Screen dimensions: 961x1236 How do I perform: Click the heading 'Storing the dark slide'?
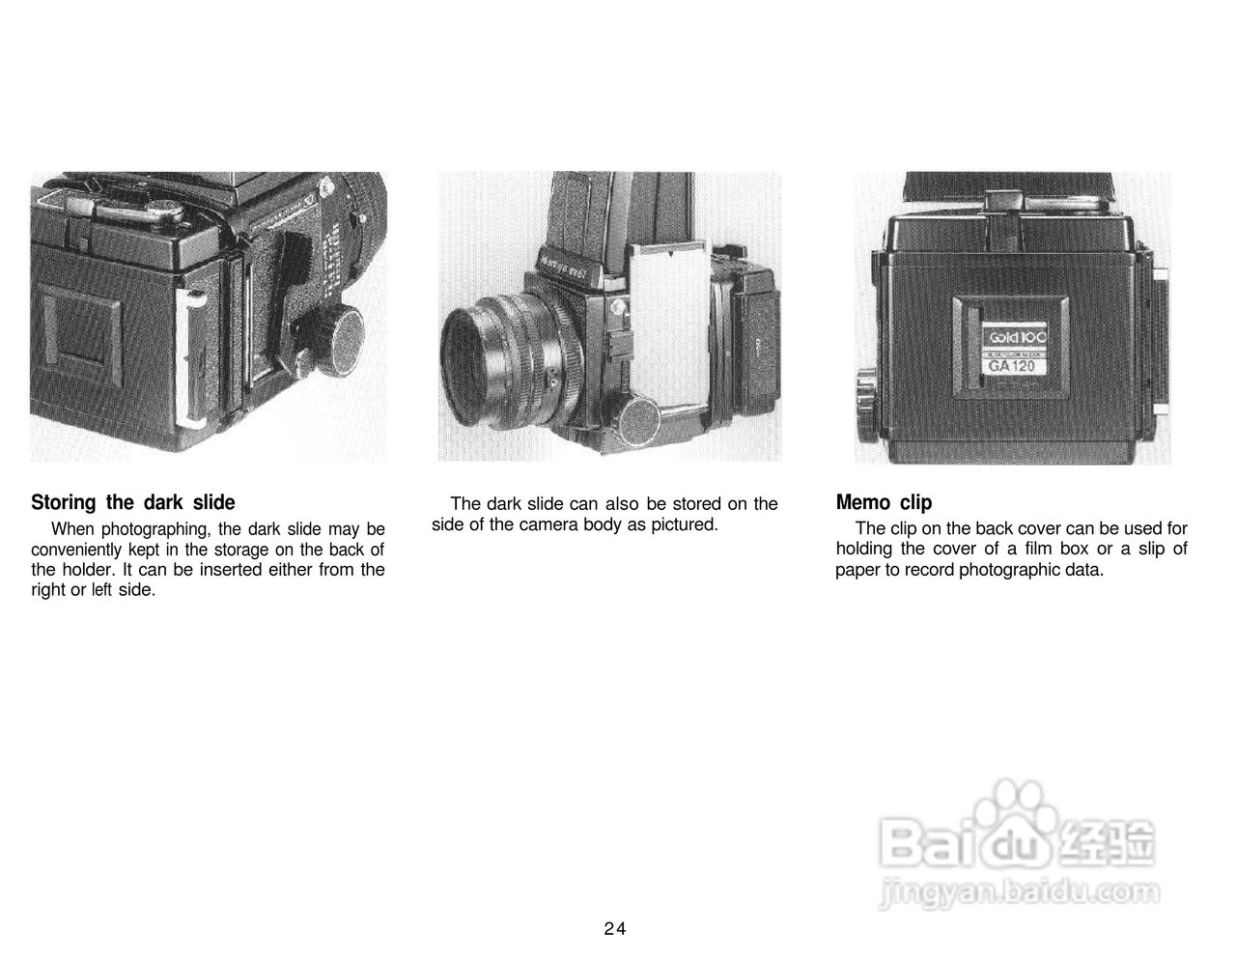(133, 502)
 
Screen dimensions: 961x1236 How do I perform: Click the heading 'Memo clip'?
(884, 502)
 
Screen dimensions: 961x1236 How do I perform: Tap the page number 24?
(615, 929)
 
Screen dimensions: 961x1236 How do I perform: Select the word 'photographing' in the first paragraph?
(155, 529)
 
